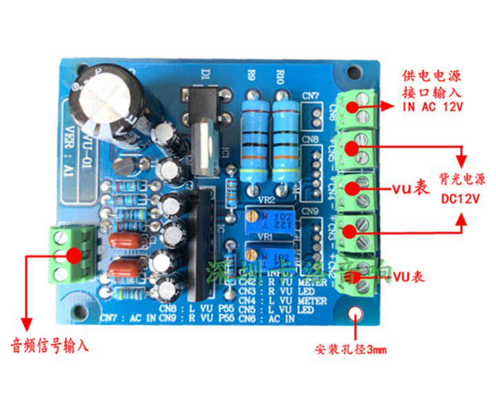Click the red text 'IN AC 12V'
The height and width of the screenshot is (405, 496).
point(432,106)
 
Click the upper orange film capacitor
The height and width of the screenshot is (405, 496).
point(129,239)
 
